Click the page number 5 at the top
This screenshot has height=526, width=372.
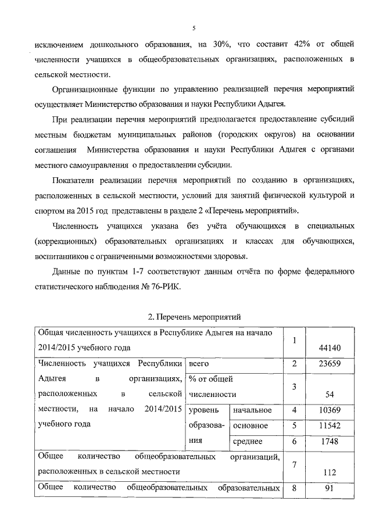(x=194, y=27)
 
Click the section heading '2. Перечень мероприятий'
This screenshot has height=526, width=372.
(x=194, y=317)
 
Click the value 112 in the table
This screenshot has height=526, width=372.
(x=330, y=473)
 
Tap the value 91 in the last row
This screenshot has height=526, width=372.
(x=330, y=488)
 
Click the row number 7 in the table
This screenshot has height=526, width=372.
(x=295, y=464)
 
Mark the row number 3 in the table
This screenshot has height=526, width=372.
(x=295, y=387)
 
